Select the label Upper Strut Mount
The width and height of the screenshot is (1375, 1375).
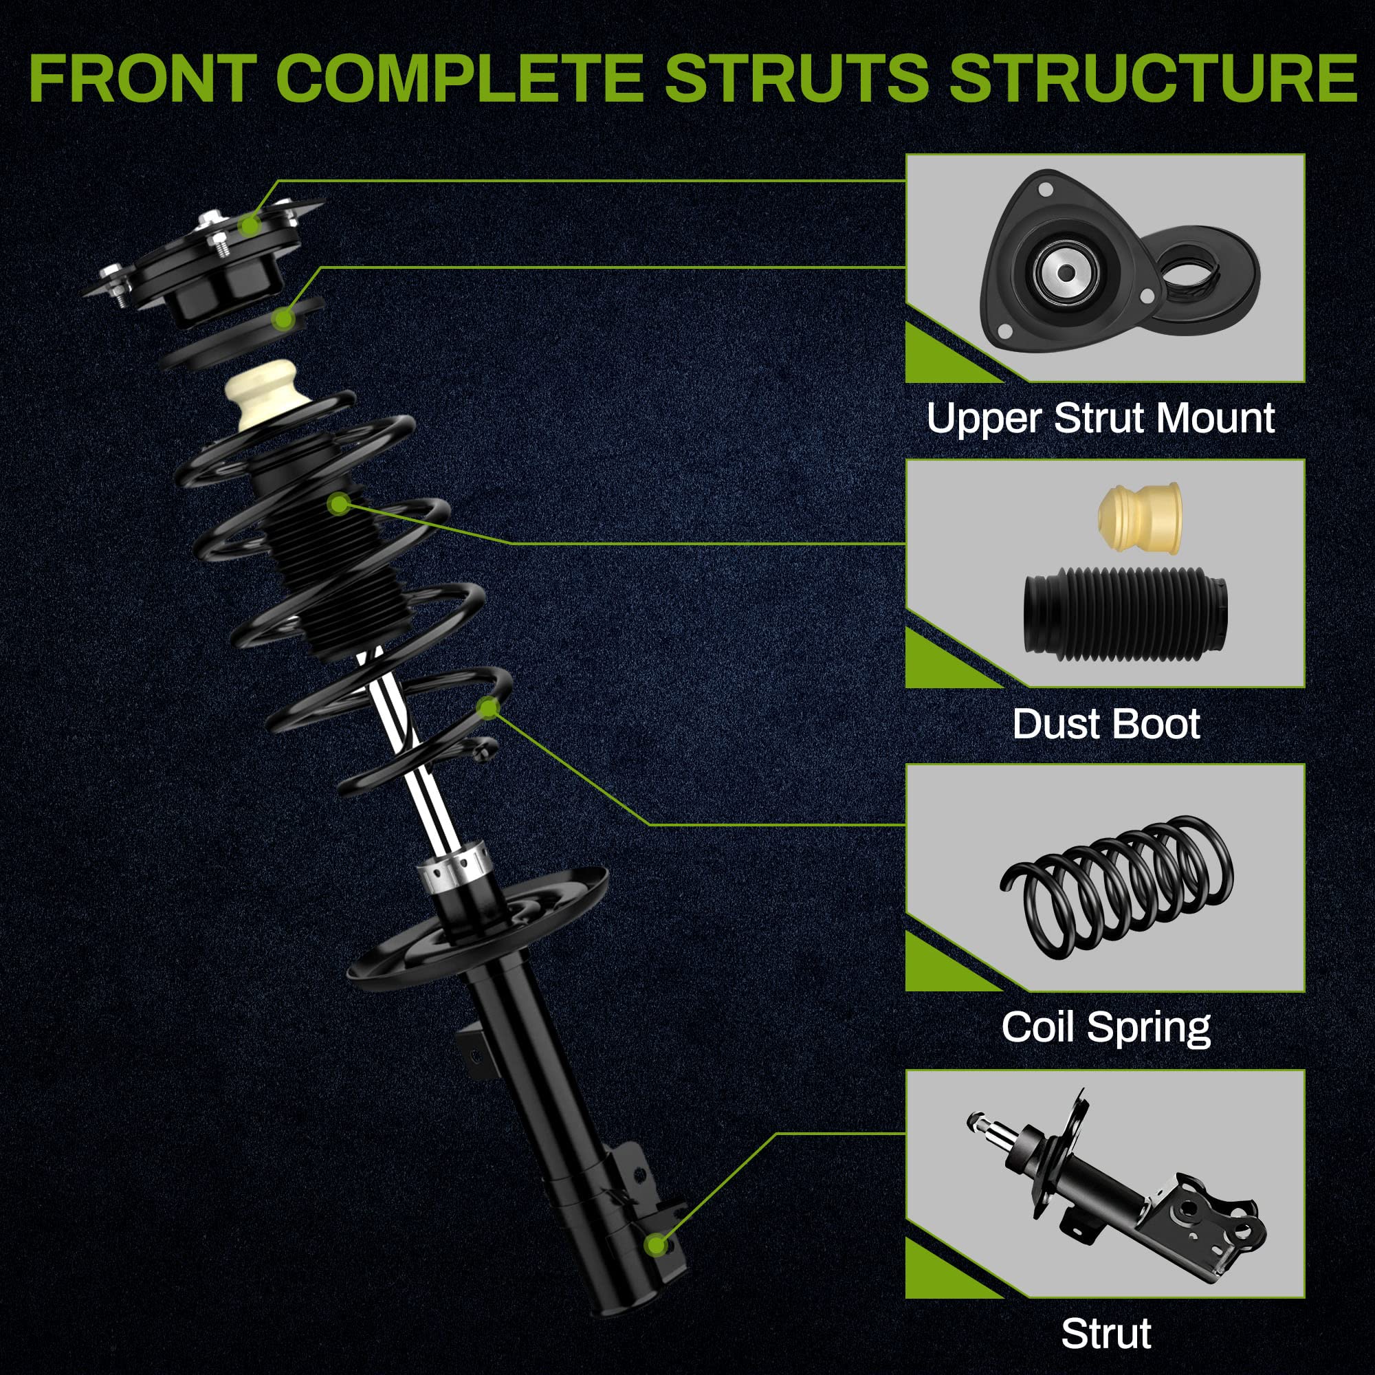tap(1100, 418)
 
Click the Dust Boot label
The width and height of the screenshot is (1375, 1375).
tap(1106, 724)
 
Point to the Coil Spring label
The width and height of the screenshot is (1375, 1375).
tap(1106, 1028)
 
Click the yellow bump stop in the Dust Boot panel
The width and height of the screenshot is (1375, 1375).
tap(1139, 518)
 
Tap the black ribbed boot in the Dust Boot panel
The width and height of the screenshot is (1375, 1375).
tap(1125, 612)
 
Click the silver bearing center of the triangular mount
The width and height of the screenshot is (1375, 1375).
tap(1066, 272)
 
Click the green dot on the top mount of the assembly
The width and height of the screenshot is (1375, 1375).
tap(249, 226)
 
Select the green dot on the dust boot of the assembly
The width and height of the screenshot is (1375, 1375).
tap(340, 505)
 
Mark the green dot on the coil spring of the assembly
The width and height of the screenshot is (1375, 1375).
tap(488, 707)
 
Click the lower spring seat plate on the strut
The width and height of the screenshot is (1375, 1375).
tap(477, 932)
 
